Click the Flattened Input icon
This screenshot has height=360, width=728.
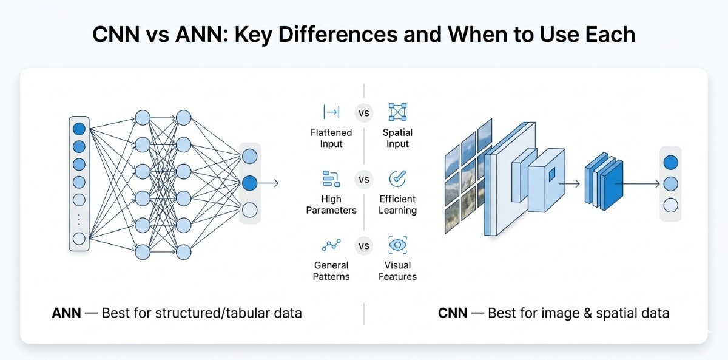[331, 112]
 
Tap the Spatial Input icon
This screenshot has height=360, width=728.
[397, 112]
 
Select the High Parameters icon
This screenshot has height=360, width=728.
[331, 178]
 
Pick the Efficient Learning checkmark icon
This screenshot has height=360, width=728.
[397, 178]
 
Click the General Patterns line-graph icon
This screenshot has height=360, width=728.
[331, 245]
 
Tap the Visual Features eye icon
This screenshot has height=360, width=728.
[397, 245]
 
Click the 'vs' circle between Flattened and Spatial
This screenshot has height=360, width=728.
[364, 113]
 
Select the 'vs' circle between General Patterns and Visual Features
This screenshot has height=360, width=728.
[364, 246]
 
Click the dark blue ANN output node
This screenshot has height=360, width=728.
[249, 183]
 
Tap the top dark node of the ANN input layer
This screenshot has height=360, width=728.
[79, 129]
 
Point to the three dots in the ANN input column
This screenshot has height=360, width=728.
[79, 219]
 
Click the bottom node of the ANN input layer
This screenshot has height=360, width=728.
[79, 239]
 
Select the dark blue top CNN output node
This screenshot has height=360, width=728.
[670, 162]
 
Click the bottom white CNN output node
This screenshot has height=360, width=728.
[670, 205]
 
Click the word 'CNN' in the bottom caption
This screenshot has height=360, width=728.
[453, 313]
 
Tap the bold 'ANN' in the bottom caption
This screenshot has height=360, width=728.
[67, 313]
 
